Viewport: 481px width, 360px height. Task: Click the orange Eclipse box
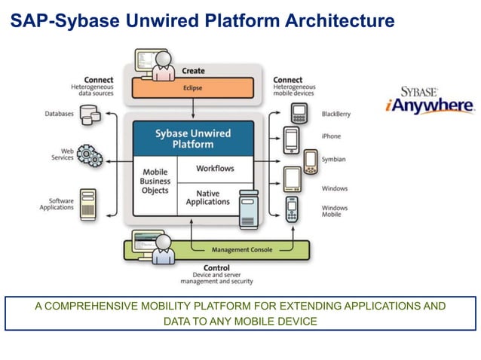click(x=192, y=87)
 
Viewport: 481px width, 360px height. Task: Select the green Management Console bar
click(x=241, y=249)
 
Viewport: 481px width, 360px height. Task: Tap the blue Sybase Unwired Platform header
click(x=194, y=139)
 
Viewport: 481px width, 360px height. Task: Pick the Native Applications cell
click(x=207, y=197)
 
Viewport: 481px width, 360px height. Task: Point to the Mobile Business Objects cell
click(x=155, y=182)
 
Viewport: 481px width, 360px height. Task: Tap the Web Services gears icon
click(x=90, y=156)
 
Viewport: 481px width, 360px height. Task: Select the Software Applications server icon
click(x=89, y=203)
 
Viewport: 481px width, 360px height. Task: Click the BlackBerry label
click(x=336, y=114)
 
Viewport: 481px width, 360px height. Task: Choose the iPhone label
click(x=331, y=136)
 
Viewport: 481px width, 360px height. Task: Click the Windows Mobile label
click(x=335, y=211)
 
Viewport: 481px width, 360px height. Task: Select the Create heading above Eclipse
click(x=194, y=71)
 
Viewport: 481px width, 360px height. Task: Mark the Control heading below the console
click(x=217, y=268)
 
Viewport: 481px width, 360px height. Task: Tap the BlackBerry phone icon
click(x=299, y=114)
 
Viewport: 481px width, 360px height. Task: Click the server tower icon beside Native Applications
click(x=249, y=209)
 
